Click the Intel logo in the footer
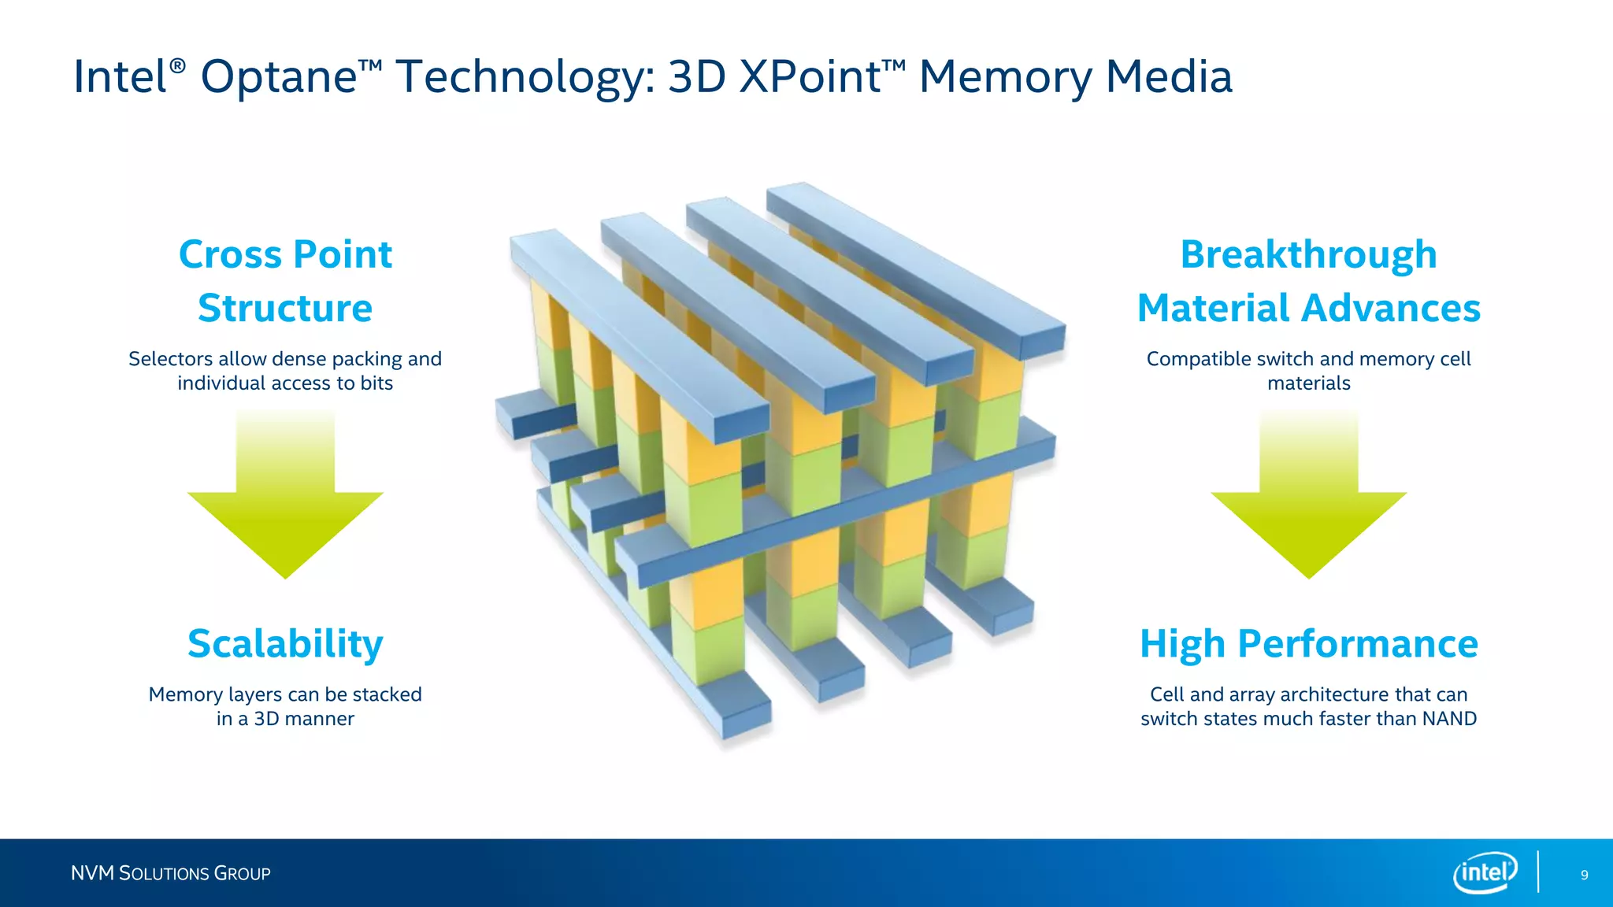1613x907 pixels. click(1485, 872)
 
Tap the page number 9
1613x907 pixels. click(1584, 875)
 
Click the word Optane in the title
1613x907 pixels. click(280, 77)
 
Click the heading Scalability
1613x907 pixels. click(285, 644)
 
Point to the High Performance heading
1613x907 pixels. click(1308, 644)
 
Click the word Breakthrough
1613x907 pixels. click(1308, 255)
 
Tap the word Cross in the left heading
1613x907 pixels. click(229, 255)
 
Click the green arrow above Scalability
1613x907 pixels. click(285, 504)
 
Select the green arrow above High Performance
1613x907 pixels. click(1308, 504)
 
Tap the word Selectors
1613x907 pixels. click(170, 359)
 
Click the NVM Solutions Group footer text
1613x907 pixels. click(170, 873)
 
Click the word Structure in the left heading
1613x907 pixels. click(285, 308)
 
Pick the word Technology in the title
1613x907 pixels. click(525, 77)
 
